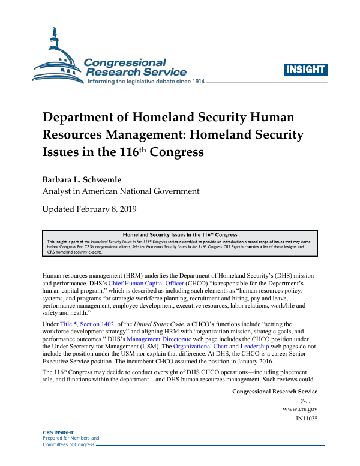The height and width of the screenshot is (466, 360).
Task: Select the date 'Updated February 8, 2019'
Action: tap(89, 209)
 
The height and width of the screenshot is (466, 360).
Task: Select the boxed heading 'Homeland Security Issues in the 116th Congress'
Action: tap(180, 234)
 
